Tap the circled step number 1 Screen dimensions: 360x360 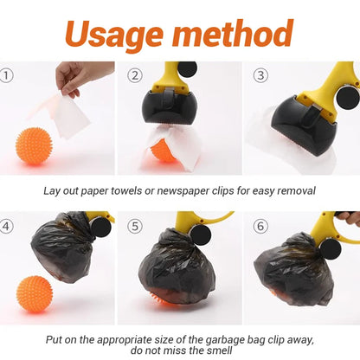[6, 75]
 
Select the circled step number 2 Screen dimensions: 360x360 [135, 75]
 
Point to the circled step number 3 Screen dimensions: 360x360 [260, 75]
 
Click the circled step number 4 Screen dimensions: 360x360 [6, 226]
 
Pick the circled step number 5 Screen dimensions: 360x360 [135, 226]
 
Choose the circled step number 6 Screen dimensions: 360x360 [260, 226]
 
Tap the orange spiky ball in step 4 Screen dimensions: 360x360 [35, 294]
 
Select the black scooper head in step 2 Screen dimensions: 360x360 [170, 107]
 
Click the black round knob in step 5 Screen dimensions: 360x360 [201, 235]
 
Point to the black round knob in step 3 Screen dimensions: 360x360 [348, 98]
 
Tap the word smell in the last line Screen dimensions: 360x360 [220, 350]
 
